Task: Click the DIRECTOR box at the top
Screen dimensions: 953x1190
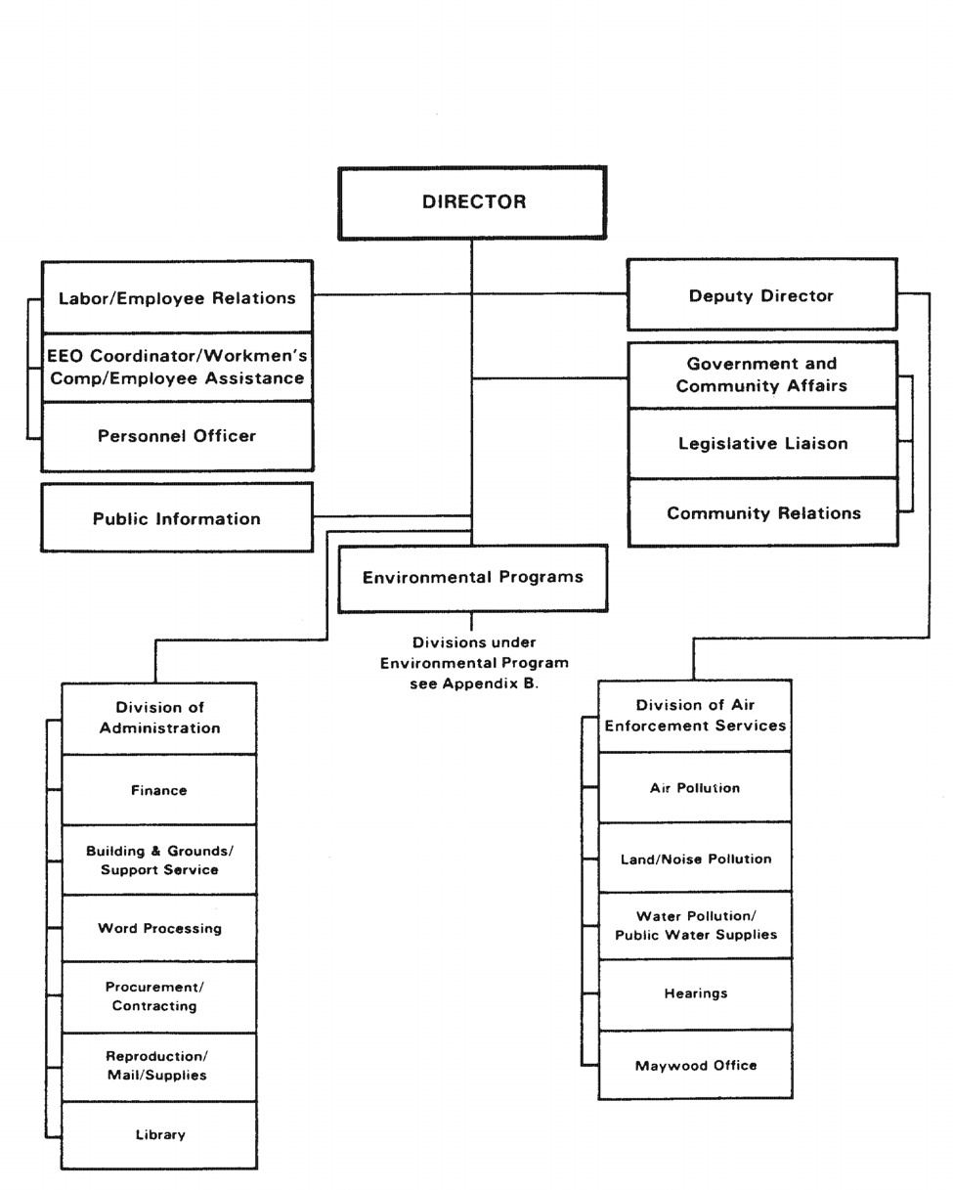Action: click(x=473, y=203)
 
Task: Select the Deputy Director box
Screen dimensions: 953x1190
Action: click(x=762, y=294)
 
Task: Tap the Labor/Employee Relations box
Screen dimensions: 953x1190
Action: click(x=177, y=297)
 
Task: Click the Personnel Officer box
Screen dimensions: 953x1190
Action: click(x=177, y=436)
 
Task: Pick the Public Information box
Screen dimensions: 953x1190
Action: click(x=177, y=517)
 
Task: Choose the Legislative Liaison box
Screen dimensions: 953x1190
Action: click(x=762, y=444)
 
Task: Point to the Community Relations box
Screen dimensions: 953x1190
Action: click(x=762, y=513)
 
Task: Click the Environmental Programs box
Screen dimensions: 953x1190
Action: click(x=473, y=579)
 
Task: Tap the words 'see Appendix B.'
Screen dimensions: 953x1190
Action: click(x=474, y=684)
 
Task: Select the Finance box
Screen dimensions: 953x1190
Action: click(x=159, y=790)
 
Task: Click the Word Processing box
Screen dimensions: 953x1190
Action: click(x=159, y=928)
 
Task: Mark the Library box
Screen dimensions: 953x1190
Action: click(x=159, y=1134)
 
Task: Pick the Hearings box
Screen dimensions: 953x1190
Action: click(x=695, y=993)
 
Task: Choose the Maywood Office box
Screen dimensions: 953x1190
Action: click(x=695, y=1065)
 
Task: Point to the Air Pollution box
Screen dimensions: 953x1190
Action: click(x=695, y=787)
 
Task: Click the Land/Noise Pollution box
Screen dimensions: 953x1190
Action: click(x=695, y=858)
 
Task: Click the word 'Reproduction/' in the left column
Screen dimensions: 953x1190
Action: click(x=157, y=1056)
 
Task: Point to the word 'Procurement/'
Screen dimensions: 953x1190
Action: click(x=154, y=987)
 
